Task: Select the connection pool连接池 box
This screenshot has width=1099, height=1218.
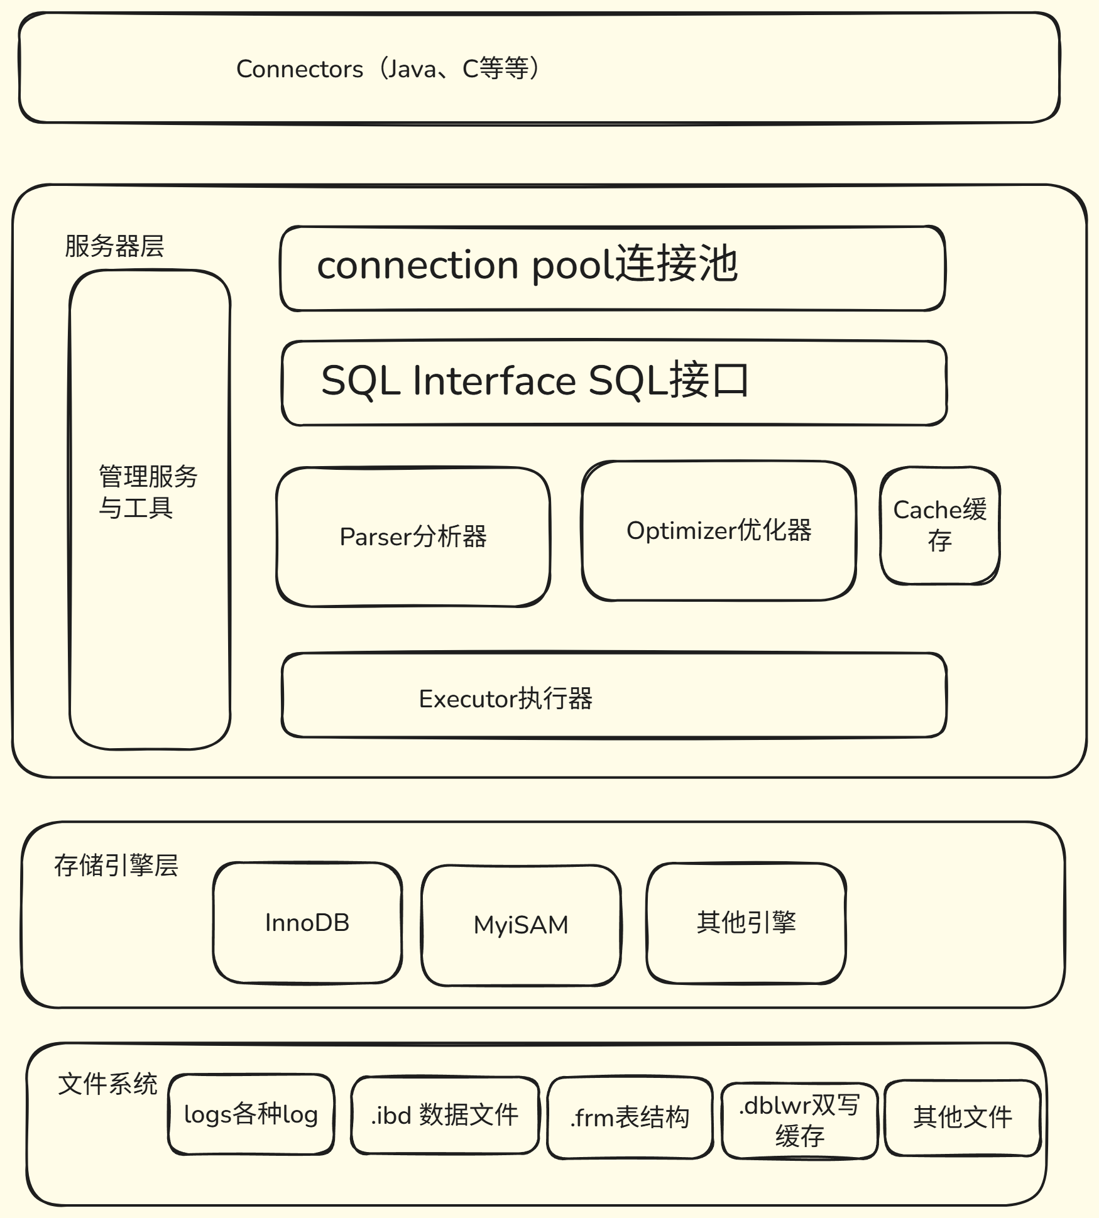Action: (612, 268)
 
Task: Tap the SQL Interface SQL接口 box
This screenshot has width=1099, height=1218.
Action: (613, 383)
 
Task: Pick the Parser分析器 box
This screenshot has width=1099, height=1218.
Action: (413, 536)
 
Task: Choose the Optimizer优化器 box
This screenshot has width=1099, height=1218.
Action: (718, 531)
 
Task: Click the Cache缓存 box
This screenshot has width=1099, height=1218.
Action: (939, 525)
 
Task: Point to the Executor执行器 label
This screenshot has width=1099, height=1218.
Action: (505, 699)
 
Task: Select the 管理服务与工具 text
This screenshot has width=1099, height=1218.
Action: (148, 492)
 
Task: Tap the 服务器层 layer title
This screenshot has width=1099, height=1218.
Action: (114, 246)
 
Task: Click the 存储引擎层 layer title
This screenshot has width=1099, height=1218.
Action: (116, 865)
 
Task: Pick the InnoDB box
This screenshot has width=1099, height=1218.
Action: (307, 922)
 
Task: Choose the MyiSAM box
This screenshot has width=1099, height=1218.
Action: (520, 925)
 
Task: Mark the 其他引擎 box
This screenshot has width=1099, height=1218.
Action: (746, 922)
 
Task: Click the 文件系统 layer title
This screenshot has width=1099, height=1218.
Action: (107, 1084)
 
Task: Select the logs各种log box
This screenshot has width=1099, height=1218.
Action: (251, 1114)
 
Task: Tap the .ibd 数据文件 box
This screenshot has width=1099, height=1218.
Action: (444, 1115)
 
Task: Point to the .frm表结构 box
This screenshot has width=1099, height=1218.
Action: (630, 1117)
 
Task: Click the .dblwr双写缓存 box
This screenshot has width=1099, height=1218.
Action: (799, 1121)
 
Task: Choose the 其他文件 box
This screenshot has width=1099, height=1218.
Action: (962, 1117)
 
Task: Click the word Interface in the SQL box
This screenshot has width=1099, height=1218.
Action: (494, 381)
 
